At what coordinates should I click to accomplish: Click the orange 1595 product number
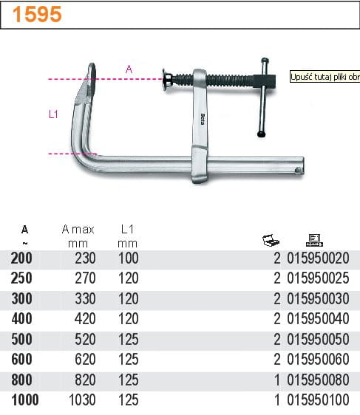(x=37, y=14)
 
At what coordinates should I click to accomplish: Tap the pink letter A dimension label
(x=129, y=69)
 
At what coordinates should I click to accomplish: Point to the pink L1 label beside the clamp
(x=53, y=114)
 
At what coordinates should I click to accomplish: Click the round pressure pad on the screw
(x=167, y=79)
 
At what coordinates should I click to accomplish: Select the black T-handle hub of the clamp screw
(x=265, y=80)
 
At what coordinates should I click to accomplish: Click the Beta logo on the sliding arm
(x=203, y=120)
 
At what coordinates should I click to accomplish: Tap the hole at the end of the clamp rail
(x=297, y=170)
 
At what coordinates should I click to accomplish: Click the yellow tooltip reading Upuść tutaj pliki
(x=325, y=77)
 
